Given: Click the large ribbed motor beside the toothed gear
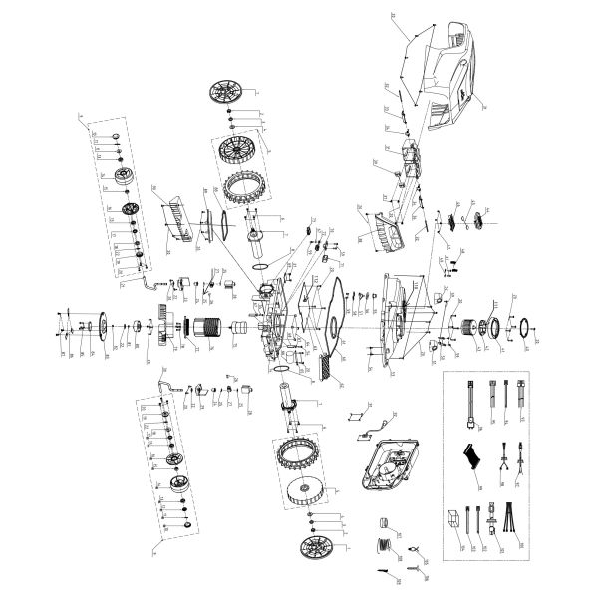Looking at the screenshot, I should click(x=206, y=326).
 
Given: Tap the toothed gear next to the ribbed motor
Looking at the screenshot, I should click(x=164, y=326).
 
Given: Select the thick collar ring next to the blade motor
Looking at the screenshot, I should click(x=491, y=326).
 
